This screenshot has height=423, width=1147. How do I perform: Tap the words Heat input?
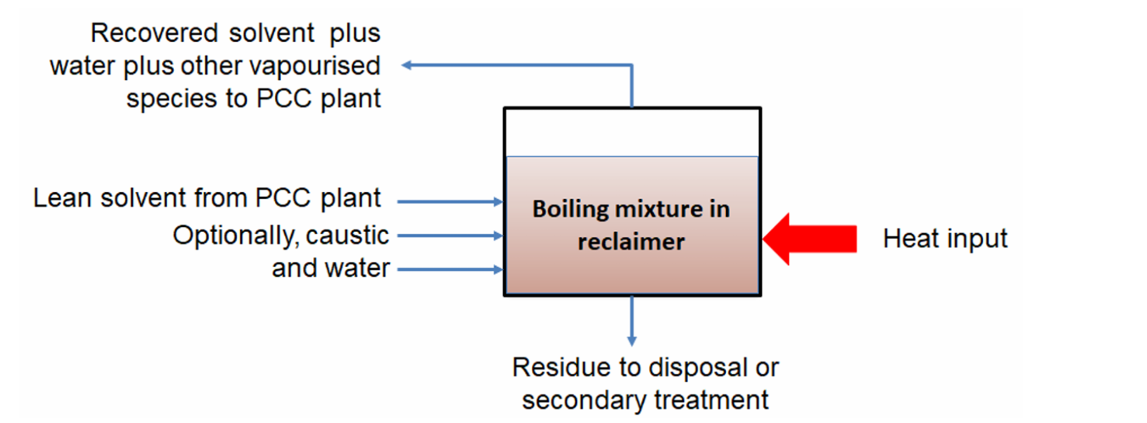[944, 238]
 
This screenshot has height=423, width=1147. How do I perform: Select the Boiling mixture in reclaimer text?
[631, 225]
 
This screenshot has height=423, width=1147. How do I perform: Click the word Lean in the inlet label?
[60, 198]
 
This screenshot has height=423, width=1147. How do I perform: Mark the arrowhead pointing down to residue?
[632, 340]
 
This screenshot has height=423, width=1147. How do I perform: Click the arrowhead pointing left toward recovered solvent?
[407, 65]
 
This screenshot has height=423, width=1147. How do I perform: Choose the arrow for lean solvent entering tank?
[450, 202]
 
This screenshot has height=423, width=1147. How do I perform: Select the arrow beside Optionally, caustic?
[450, 236]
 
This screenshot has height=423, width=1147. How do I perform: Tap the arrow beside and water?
[450, 270]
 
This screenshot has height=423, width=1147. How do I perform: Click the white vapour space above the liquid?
[632, 132]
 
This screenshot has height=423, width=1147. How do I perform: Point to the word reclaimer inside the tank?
[631, 241]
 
